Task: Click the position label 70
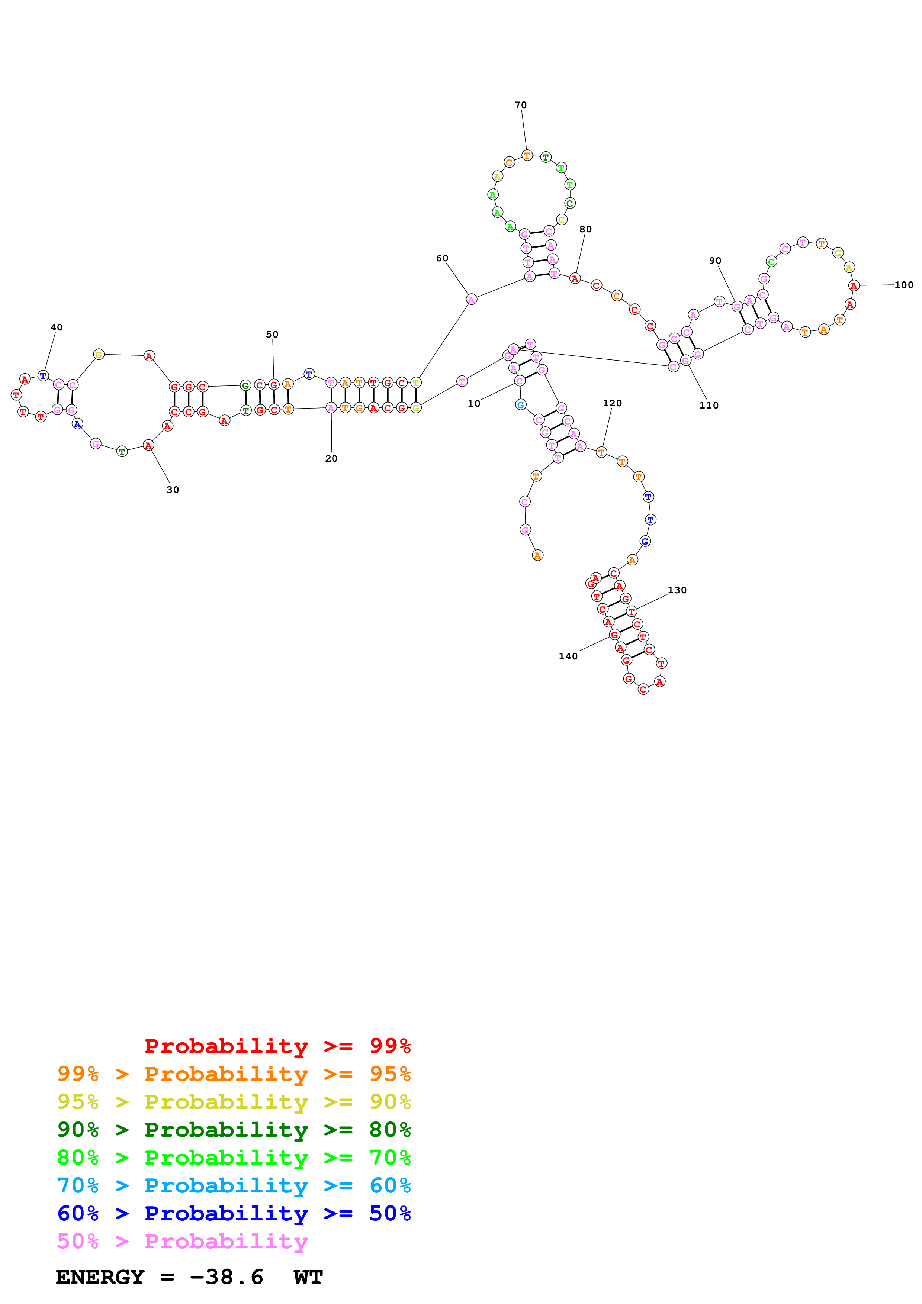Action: [x=520, y=105]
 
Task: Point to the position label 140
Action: [x=568, y=656]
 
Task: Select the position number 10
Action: [x=474, y=403]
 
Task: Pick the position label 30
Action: [x=173, y=490]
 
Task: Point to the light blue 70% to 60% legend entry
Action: [x=234, y=1185]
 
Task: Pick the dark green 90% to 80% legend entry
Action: [x=234, y=1130]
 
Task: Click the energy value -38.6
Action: [x=226, y=1277]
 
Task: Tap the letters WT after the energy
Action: [x=308, y=1277]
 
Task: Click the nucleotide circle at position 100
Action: [x=853, y=286]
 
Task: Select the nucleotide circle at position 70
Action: [x=527, y=155]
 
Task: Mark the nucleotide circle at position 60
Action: [x=471, y=299]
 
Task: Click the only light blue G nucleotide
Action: [x=520, y=404]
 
